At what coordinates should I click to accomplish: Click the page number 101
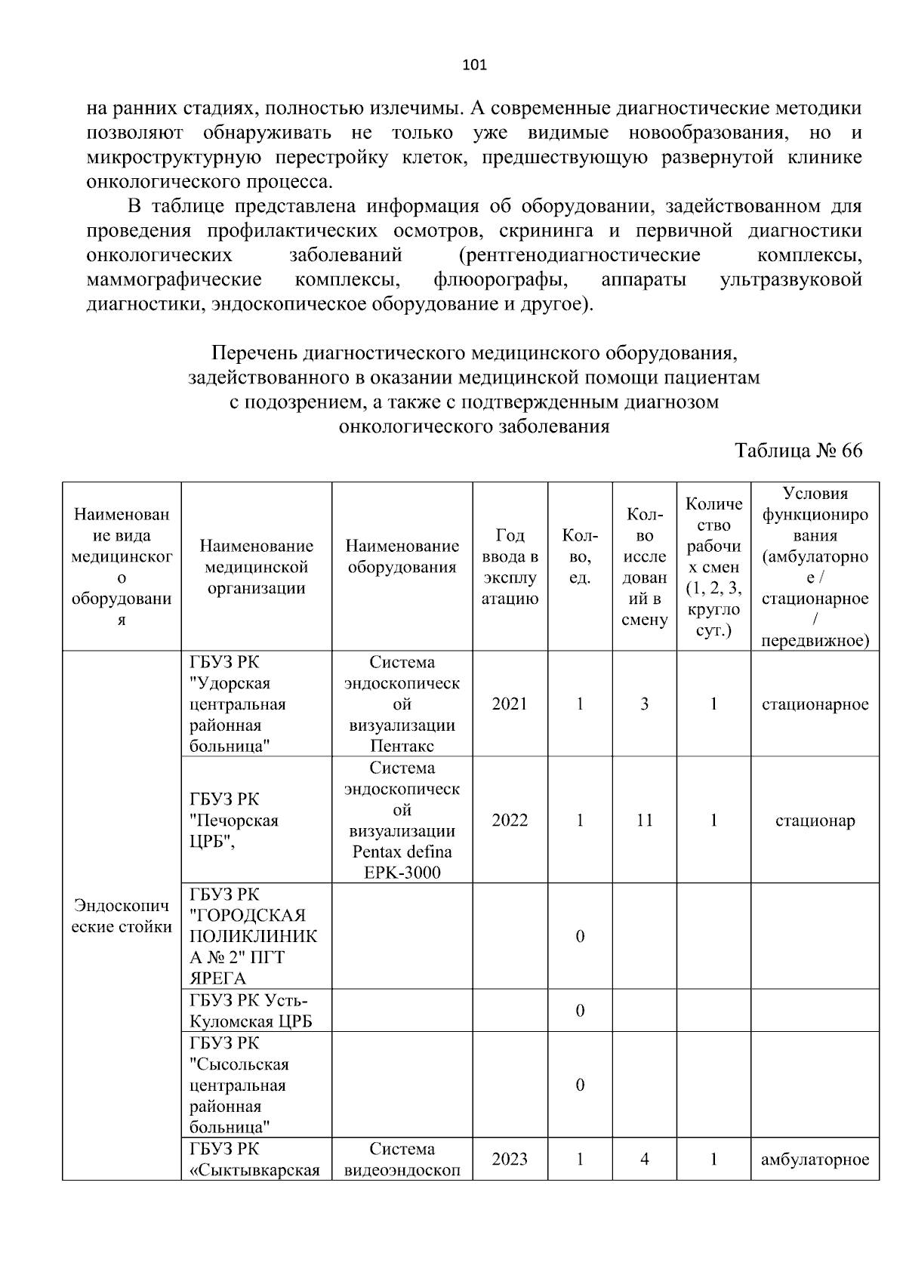pyautogui.click(x=474, y=65)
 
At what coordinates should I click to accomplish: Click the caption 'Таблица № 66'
pyautogui.click(x=798, y=451)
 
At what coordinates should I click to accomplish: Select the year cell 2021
pyautogui.click(x=510, y=704)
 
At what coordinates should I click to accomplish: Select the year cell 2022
pyautogui.click(x=510, y=821)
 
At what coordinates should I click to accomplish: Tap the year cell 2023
pyautogui.click(x=510, y=1159)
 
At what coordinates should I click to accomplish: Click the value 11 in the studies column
pyautogui.click(x=644, y=821)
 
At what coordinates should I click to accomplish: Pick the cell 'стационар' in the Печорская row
pyautogui.click(x=815, y=821)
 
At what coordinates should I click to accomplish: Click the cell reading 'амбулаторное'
pyautogui.click(x=815, y=1159)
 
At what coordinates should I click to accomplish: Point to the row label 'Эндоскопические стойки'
pyautogui.click(x=122, y=916)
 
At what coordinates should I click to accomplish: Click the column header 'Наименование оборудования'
pyautogui.click(x=402, y=556)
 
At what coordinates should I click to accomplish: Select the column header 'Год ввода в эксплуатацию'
pyautogui.click(x=510, y=567)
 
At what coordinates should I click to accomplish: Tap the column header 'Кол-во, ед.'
pyautogui.click(x=579, y=556)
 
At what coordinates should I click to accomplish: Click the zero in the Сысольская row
pyautogui.click(x=579, y=1085)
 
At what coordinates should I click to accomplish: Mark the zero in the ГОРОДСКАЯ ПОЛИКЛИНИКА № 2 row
pyautogui.click(x=579, y=937)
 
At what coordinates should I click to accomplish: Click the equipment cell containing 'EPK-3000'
pyautogui.click(x=402, y=821)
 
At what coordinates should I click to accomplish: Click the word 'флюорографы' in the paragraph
pyautogui.click(x=500, y=280)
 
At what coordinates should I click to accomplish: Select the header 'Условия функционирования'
pyautogui.click(x=815, y=567)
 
